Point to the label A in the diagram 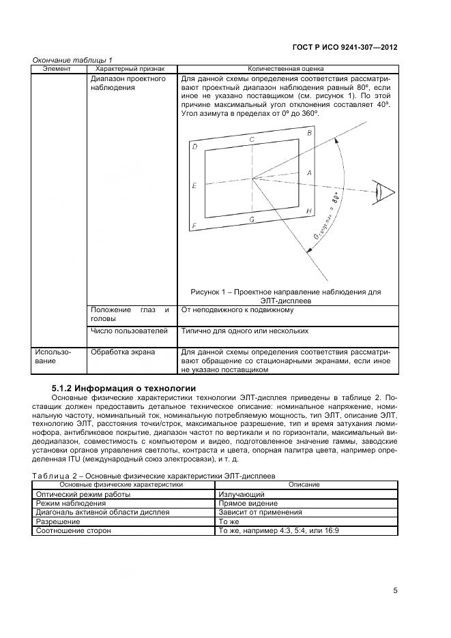coord(309,173)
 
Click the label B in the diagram coord(309,133)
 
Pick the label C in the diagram coord(252,140)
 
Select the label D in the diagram coord(195,147)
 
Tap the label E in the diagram coord(195,185)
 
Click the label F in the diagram coord(195,226)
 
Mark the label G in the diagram coord(252,219)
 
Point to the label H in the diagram coord(309,211)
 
